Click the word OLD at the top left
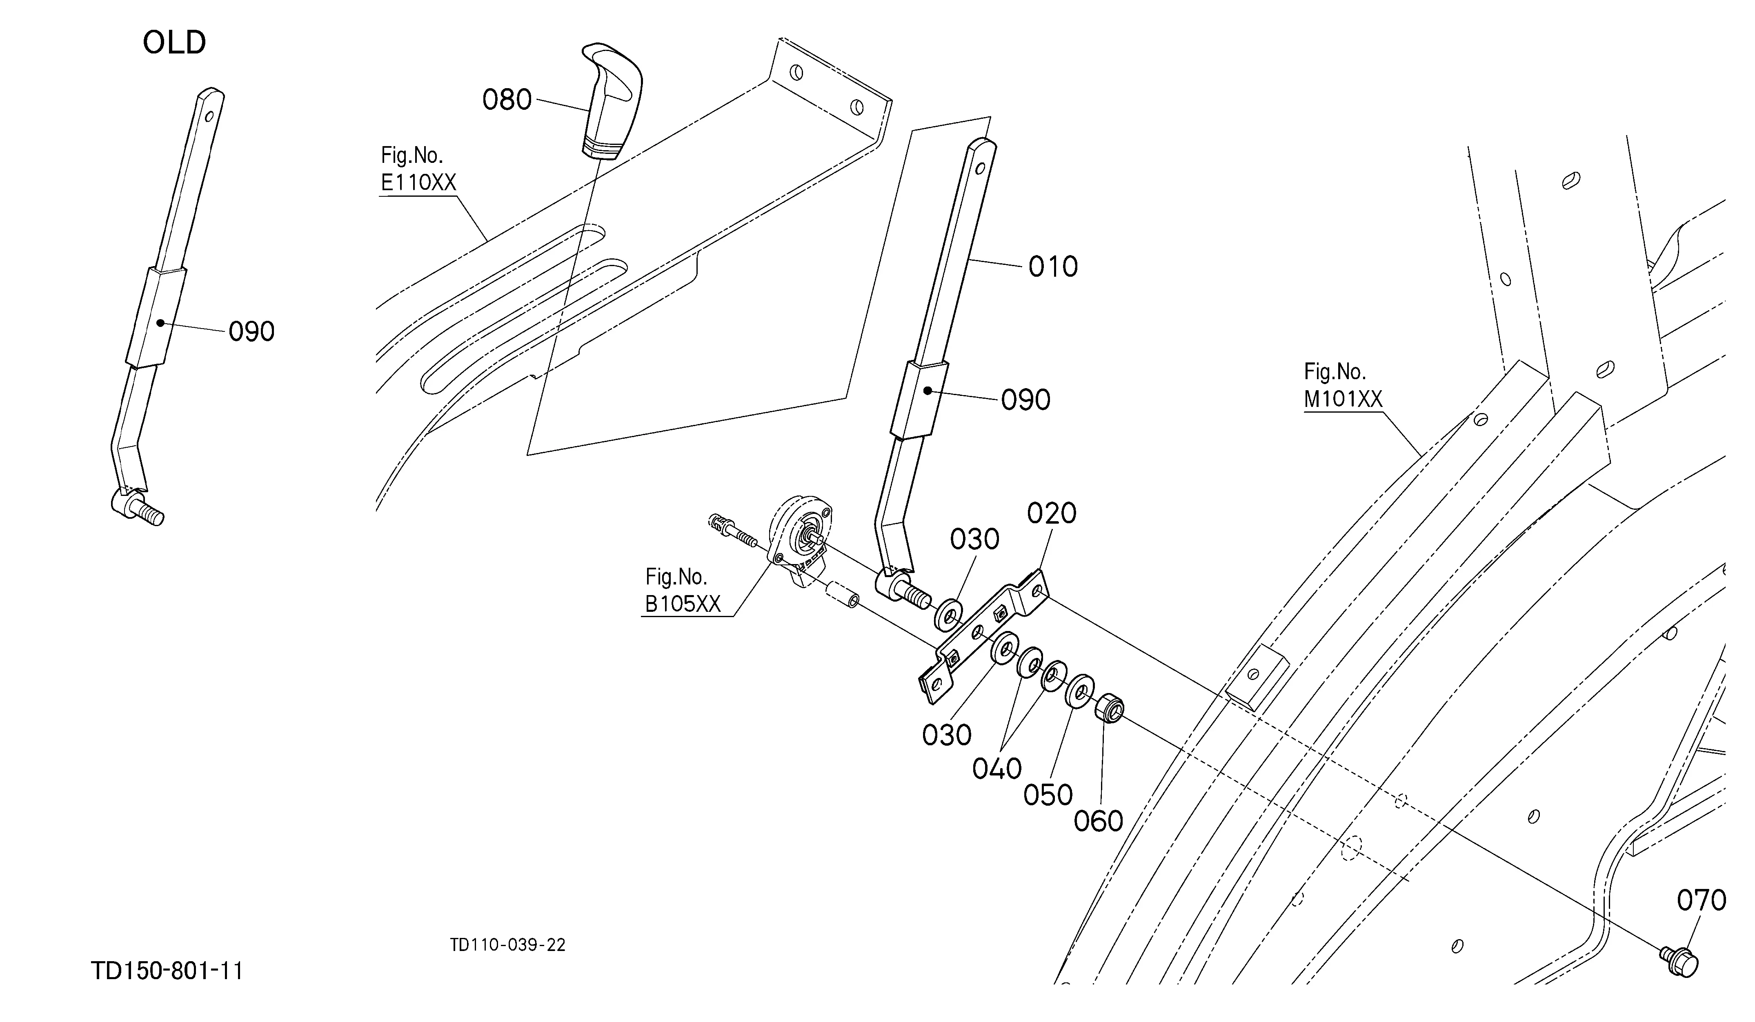pos(174,42)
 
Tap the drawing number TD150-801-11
pos(167,971)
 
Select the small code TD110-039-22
pos(508,945)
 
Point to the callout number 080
pos(507,100)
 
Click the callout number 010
pos(1053,267)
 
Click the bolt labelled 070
pos(1679,962)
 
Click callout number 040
pos(997,769)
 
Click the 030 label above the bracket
pos(974,540)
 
